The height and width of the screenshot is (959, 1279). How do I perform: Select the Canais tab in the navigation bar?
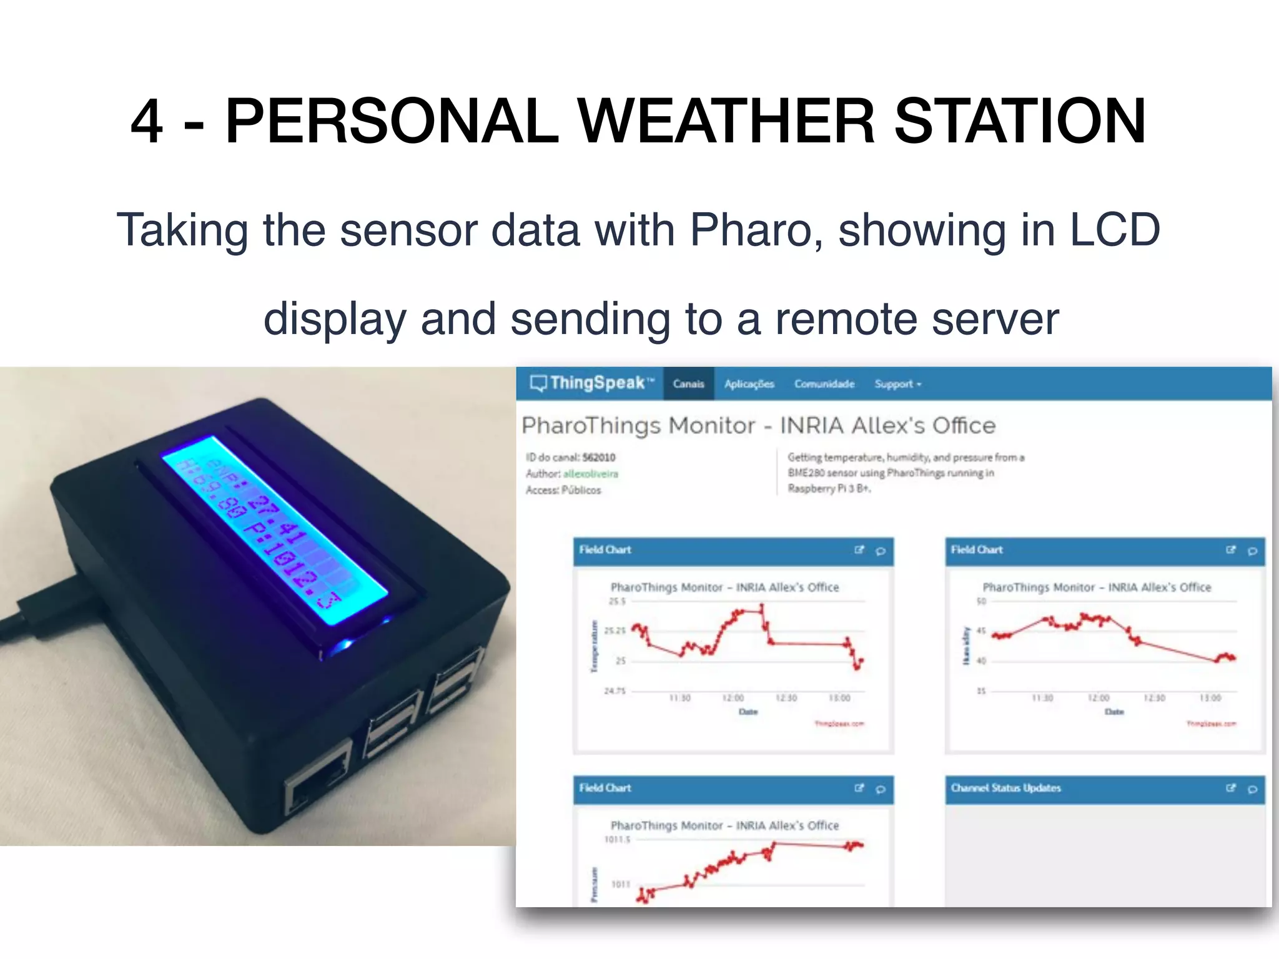pyautogui.click(x=688, y=384)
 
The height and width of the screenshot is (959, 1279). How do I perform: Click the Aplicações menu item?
pyautogui.click(x=749, y=384)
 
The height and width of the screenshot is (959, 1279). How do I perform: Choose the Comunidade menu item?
pyautogui.click(x=824, y=384)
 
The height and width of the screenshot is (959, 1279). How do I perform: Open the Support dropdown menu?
pyautogui.click(x=897, y=384)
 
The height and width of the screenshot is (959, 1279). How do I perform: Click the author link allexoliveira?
pyautogui.click(x=590, y=474)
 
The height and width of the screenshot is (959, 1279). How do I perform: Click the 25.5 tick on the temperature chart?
pyautogui.click(x=616, y=601)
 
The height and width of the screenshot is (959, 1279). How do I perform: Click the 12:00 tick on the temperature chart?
pyautogui.click(x=733, y=698)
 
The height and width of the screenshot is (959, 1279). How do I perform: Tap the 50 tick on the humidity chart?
pyautogui.click(x=981, y=601)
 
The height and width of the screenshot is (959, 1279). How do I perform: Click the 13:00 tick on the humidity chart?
pyautogui.click(x=1210, y=698)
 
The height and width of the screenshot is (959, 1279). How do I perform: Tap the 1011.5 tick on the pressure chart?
pyautogui.click(x=617, y=840)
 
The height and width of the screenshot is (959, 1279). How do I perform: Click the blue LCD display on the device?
pyautogui.click(x=275, y=531)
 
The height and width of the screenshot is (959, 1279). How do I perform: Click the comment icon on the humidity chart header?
pyautogui.click(x=1252, y=551)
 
